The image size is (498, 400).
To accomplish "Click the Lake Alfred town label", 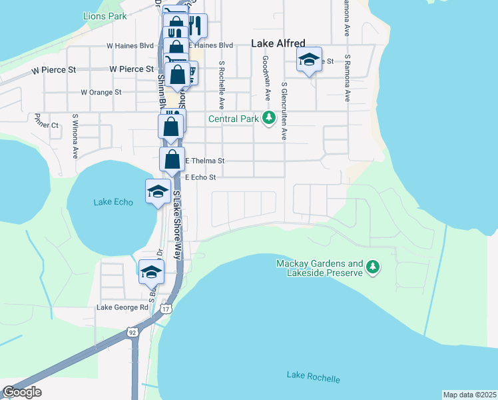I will point(278,43).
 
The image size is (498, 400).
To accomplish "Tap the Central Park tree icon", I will point(268,119).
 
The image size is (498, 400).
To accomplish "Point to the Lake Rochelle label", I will point(313,377).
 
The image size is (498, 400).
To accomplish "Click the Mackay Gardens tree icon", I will point(373,267).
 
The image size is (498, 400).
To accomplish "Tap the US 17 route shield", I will point(166,309).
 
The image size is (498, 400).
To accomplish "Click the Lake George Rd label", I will point(123,307).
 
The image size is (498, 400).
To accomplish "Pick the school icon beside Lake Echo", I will point(158,192).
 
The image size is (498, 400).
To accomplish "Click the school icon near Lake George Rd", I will point(150,271).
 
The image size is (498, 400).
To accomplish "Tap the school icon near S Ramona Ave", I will point(309,60).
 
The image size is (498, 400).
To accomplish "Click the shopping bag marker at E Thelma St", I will point(172,160).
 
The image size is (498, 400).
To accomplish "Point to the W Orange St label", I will point(101,93).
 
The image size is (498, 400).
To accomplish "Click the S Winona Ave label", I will point(75,136).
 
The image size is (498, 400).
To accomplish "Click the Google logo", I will point(22,392).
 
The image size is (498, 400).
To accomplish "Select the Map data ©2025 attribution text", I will point(469,395).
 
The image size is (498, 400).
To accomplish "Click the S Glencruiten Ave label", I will point(284,111).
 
